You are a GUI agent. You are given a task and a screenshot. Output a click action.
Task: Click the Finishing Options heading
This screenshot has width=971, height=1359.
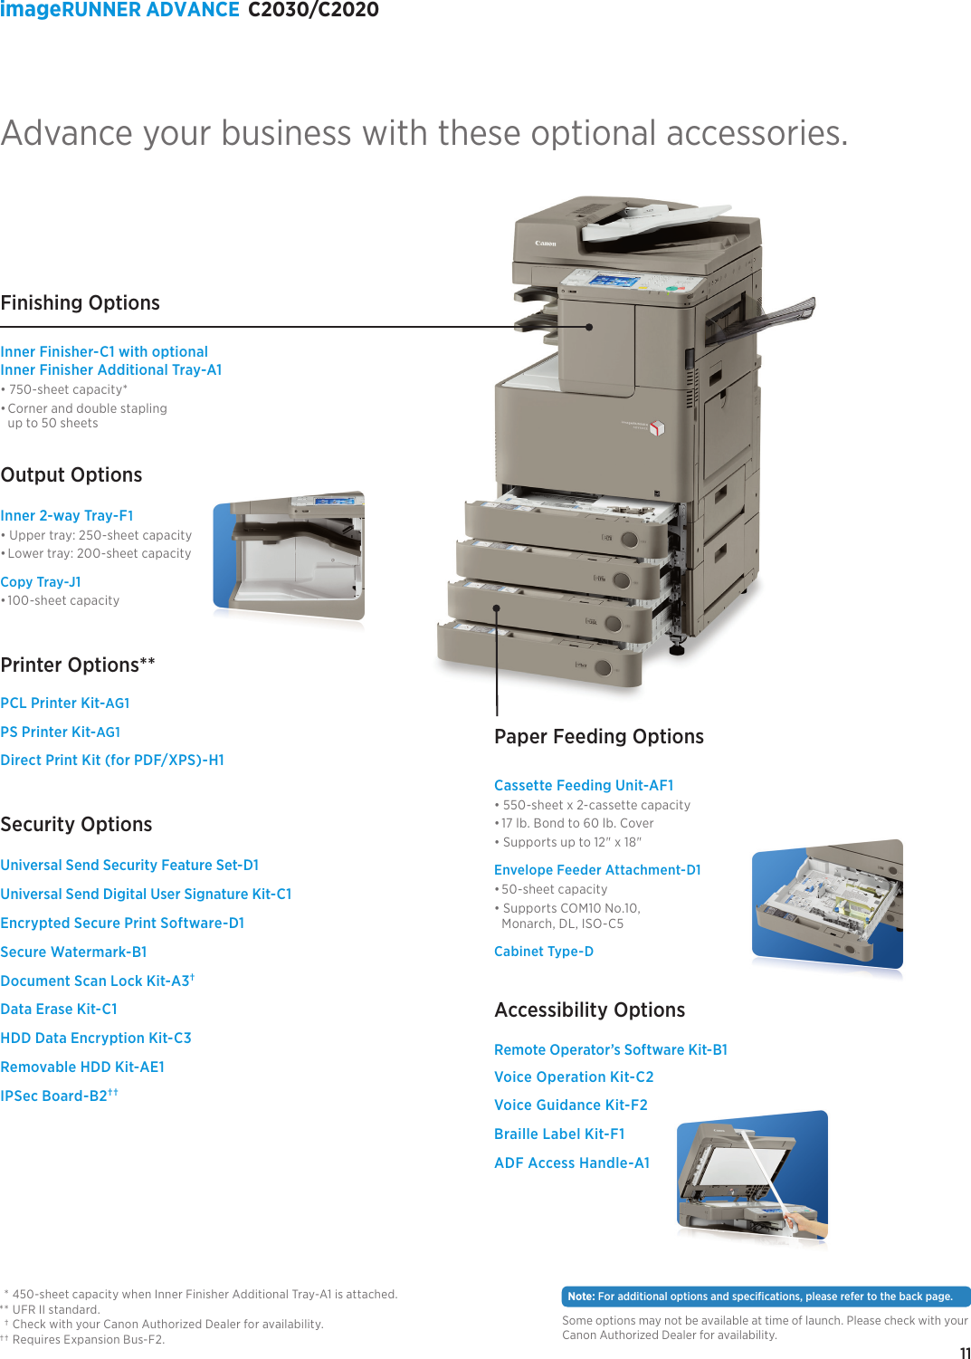(x=81, y=303)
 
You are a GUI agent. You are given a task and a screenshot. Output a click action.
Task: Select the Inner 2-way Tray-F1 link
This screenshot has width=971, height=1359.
(x=67, y=516)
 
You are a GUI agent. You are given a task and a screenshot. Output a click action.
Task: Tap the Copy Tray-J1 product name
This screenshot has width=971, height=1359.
(x=41, y=582)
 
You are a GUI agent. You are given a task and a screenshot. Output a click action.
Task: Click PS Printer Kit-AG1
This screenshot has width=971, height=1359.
(x=61, y=732)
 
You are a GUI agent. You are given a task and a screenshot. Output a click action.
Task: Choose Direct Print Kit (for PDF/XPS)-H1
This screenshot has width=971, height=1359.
(x=112, y=761)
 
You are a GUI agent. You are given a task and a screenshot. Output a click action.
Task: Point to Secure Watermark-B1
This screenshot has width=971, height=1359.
(x=73, y=952)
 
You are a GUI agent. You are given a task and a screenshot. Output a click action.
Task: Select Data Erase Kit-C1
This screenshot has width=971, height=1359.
(x=59, y=1010)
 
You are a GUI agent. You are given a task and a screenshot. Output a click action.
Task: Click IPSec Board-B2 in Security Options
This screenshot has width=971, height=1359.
(x=54, y=1096)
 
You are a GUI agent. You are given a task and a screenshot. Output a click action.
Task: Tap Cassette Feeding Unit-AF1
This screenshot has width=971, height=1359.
(x=584, y=786)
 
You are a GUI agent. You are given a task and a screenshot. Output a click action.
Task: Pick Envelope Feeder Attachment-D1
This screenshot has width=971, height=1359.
(x=597, y=870)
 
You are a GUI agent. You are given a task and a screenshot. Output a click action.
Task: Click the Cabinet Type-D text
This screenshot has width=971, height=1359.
(x=544, y=952)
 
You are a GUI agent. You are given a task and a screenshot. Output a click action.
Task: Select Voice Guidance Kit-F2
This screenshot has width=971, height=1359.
(x=571, y=1105)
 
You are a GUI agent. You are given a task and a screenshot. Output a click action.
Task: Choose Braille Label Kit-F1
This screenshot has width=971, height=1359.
(x=559, y=1134)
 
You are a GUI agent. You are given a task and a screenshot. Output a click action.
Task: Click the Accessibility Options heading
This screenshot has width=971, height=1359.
(x=590, y=1010)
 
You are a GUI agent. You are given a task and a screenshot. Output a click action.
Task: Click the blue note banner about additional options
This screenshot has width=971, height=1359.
(x=766, y=1297)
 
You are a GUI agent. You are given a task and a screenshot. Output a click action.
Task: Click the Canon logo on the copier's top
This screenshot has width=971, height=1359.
(x=545, y=244)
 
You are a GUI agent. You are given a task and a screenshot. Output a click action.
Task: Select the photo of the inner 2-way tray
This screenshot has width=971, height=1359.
(x=289, y=557)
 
